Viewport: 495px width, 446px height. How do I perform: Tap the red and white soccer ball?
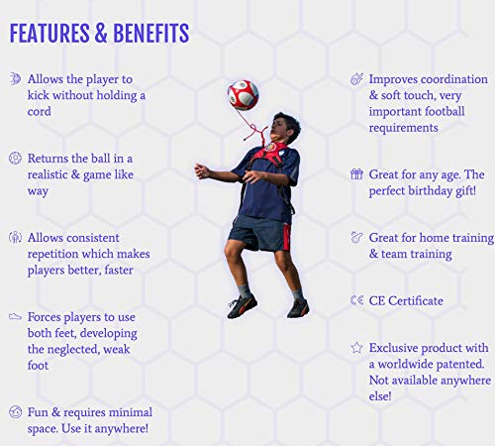[x=243, y=95]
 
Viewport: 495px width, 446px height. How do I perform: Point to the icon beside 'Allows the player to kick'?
[x=15, y=78]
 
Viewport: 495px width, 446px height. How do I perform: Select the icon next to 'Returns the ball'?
[x=15, y=158]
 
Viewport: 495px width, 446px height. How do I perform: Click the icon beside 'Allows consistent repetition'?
[x=15, y=238]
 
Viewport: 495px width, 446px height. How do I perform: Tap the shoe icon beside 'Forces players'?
[x=15, y=317]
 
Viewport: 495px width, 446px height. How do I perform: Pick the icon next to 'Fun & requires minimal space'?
[x=15, y=411]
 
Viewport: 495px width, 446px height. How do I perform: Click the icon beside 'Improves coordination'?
[x=356, y=78]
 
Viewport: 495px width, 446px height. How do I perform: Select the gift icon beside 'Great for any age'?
[x=356, y=173]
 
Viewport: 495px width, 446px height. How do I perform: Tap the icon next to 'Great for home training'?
[x=356, y=238]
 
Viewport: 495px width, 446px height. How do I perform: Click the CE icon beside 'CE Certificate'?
[x=356, y=300]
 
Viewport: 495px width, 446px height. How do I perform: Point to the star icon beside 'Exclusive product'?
[x=356, y=348]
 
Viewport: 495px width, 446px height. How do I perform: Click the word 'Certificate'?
[x=417, y=300]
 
